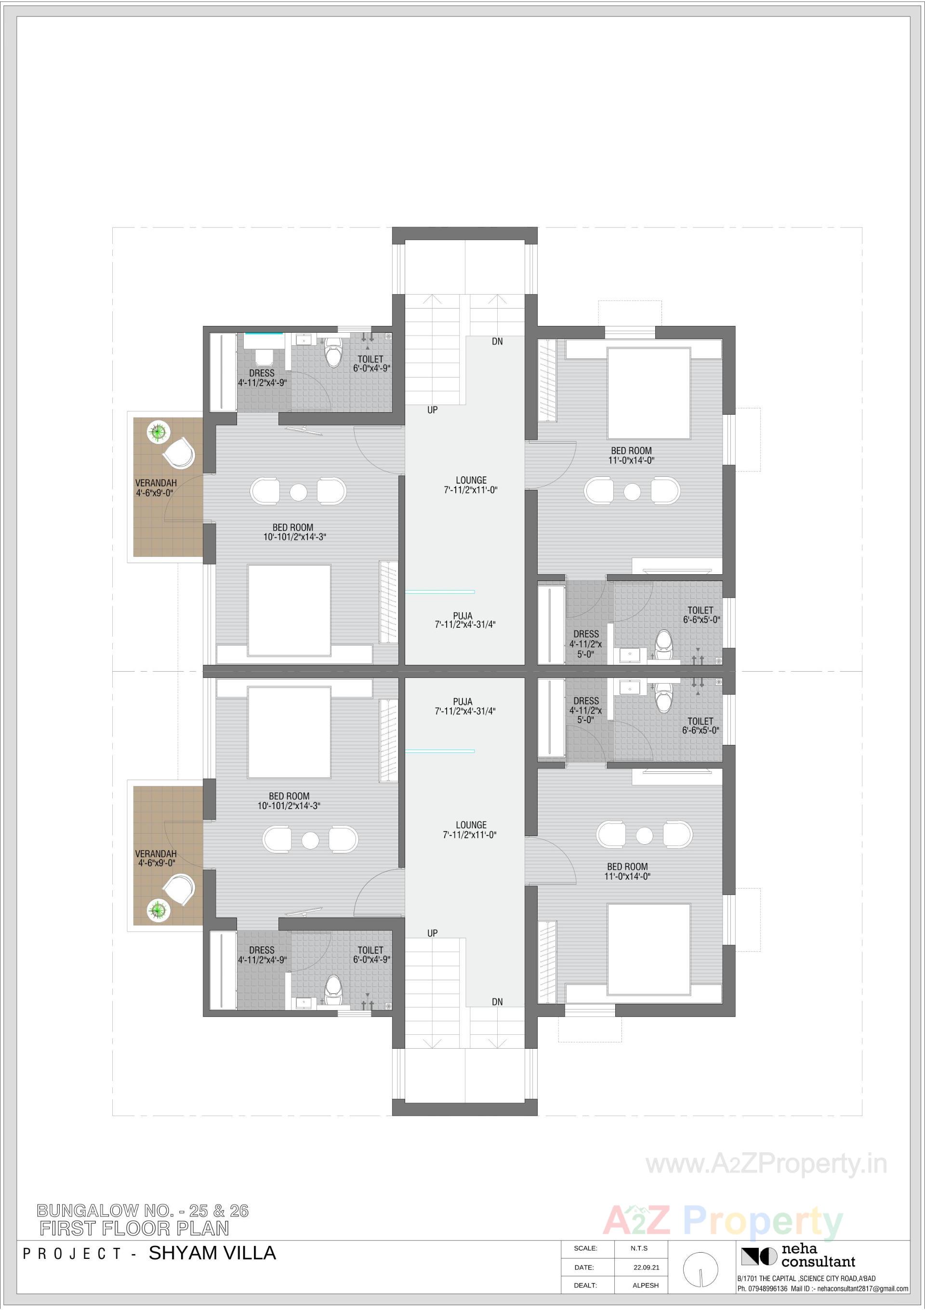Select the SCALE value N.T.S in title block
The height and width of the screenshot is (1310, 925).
coord(639,1248)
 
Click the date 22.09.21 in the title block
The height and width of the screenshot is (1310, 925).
coord(646,1267)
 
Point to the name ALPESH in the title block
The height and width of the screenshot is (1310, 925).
coord(645,1285)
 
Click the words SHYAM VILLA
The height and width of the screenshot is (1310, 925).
coord(212,1253)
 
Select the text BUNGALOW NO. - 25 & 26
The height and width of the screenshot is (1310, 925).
coord(143,1211)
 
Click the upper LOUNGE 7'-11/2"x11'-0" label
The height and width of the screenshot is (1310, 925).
coord(471,485)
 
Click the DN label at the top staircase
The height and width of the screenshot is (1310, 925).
coord(497,341)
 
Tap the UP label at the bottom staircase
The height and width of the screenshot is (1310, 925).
coord(432,933)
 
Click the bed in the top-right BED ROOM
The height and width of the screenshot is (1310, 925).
coord(648,392)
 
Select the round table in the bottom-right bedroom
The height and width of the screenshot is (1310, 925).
coord(644,835)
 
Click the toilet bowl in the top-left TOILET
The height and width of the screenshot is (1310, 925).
coord(332,352)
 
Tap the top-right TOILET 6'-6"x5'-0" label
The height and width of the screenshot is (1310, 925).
coord(701,614)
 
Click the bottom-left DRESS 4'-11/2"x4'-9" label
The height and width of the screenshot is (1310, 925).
coord(262,955)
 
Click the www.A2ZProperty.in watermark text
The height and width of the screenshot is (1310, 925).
coord(766,1164)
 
